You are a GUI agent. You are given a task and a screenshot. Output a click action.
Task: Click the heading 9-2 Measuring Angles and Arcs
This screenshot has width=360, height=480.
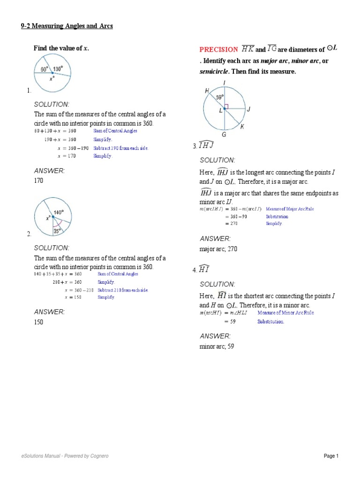tap(67, 26)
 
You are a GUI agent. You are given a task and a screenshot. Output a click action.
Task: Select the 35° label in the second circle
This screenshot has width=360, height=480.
tap(57, 231)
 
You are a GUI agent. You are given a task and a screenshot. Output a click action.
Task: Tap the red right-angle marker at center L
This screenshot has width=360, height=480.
tap(226, 106)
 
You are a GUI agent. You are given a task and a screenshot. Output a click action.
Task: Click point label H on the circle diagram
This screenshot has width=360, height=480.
tap(207, 91)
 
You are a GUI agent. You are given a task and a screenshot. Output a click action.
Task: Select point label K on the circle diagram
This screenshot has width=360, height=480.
tap(242, 127)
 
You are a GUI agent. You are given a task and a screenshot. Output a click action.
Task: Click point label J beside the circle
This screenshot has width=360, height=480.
tap(248, 109)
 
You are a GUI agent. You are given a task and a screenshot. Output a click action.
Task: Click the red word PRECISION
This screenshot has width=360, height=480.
tap(218, 49)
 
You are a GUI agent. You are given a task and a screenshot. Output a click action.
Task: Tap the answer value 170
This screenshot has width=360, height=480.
tap(38, 180)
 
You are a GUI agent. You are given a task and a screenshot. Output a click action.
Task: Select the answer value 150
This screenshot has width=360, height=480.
tap(38, 322)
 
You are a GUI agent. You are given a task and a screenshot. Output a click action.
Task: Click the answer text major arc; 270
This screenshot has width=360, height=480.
tap(218, 249)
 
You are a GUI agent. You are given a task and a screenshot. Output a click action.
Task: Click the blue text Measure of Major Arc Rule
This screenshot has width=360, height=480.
tap(290, 209)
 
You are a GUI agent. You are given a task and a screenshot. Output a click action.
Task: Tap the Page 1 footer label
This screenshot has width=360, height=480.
tap(330, 456)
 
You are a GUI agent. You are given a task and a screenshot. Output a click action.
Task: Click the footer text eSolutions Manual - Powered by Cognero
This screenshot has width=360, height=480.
tap(65, 456)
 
